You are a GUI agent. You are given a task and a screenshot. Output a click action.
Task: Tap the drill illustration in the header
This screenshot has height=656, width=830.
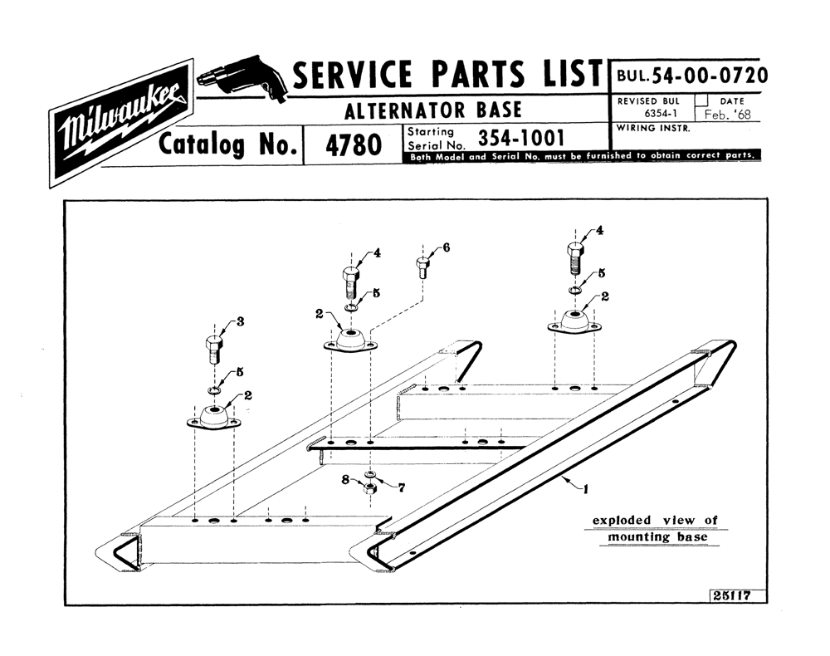tap(242, 78)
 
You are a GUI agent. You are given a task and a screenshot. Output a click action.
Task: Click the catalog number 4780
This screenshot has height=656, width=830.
tap(353, 145)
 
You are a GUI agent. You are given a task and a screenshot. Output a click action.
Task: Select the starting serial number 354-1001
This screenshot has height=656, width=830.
tap(521, 138)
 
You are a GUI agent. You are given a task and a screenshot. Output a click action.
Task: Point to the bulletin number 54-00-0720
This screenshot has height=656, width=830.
tap(710, 76)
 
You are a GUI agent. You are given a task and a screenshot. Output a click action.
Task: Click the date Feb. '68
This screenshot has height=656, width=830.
tap(727, 115)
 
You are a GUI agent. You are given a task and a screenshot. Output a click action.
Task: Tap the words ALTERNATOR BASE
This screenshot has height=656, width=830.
tap(433, 110)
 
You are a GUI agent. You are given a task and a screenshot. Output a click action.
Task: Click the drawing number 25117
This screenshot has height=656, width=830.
tap(731, 595)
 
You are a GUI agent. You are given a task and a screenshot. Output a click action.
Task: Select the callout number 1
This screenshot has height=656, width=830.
tap(585, 490)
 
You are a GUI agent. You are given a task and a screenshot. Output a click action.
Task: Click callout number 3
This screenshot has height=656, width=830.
tap(241, 321)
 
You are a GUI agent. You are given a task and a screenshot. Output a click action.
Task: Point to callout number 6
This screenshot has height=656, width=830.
tap(447, 247)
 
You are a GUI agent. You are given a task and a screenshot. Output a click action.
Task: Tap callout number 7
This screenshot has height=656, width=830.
tap(402, 487)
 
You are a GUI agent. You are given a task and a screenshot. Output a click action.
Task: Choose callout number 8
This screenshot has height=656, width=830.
tap(345, 480)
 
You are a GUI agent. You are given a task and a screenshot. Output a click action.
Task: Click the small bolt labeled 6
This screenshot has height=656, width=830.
tap(423, 267)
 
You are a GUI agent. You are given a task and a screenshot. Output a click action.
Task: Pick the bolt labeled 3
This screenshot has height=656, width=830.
tap(213, 350)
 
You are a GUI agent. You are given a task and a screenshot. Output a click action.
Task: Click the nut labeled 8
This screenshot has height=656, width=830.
tap(370, 488)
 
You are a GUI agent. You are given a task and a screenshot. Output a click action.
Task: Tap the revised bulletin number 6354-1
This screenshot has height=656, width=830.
tap(661, 113)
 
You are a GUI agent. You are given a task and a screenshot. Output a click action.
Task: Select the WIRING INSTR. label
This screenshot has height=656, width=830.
tap(653, 129)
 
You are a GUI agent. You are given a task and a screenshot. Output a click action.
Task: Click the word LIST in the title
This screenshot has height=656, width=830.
tap(572, 74)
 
